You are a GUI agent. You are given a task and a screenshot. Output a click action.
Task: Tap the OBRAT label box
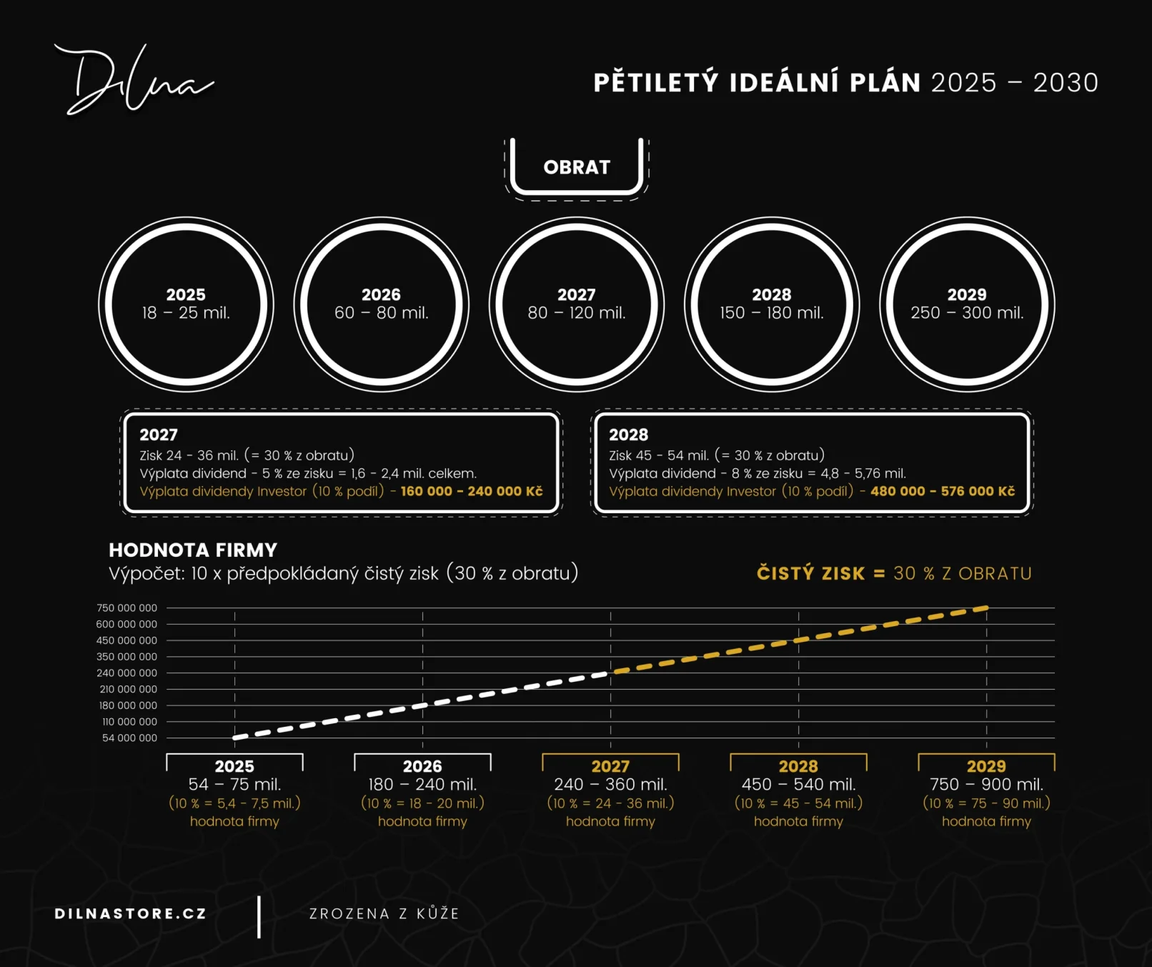(x=577, y=167)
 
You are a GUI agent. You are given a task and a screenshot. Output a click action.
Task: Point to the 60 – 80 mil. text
(x=382, y=313)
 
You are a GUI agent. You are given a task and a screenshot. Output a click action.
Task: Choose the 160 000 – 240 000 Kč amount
(x=472, y=491)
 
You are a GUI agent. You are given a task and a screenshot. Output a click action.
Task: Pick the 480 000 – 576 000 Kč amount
(x=943, y=491)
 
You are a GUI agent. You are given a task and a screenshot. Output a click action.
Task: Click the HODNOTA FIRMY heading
(x=193, y=550)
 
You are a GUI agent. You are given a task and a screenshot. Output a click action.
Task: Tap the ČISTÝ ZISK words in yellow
(x=811, y=573)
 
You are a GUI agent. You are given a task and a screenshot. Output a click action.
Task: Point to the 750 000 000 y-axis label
(x=126, y=608)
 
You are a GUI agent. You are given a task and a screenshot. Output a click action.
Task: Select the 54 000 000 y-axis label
(x=129, y=738)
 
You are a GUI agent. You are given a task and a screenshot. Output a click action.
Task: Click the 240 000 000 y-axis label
(x=126, y=673)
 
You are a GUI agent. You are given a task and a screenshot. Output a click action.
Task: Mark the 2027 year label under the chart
(x=610, y=766)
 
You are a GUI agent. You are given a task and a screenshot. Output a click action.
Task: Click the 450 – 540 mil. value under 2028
(x=798, y=784)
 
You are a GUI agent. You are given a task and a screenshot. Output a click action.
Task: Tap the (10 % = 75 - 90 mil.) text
(x=986, y=803)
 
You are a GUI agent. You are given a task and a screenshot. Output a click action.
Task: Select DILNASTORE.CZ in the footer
(x=130, y=913)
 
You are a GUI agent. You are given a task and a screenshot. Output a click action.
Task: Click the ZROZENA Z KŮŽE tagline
(x=384, y=913)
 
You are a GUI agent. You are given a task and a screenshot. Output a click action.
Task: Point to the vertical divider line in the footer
(x=259, y=917)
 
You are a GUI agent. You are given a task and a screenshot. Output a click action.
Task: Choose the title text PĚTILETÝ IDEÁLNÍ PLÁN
(x=757, y=81)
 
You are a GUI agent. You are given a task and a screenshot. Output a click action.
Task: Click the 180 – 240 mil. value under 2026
(x=422, y=784)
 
